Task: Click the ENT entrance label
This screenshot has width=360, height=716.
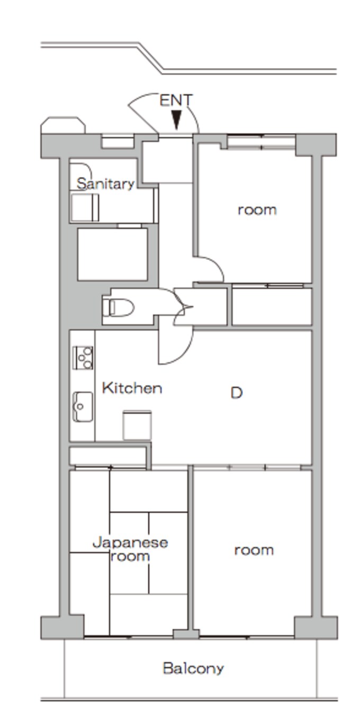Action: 176,100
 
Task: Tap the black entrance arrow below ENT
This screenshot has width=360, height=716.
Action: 176,120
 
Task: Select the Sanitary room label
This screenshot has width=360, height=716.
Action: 105,184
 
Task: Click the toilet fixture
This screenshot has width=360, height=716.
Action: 118,307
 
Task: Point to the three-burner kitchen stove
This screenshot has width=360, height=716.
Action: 83,358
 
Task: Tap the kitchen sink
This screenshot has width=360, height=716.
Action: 83,406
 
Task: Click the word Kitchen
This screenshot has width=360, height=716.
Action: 132,388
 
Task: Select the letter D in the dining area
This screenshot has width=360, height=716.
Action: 237,393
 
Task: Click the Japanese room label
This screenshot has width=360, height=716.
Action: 130,549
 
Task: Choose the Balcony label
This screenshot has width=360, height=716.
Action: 193,668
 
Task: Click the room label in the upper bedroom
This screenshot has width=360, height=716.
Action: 257,210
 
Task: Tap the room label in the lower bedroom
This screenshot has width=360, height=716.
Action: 254,550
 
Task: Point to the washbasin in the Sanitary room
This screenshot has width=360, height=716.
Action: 85,207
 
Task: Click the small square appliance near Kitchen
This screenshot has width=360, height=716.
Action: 137,425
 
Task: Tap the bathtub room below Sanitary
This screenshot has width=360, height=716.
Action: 113,255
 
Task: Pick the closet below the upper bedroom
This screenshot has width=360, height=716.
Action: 272,306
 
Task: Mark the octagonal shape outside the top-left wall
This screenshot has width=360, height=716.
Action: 63,125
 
